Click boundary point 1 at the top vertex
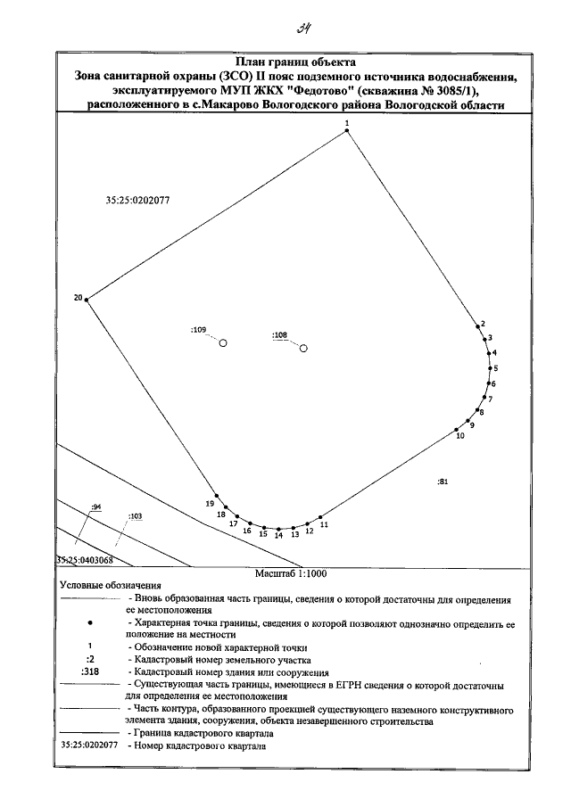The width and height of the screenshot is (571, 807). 347,131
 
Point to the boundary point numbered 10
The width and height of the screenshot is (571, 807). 451,430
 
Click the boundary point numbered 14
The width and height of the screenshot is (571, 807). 278,530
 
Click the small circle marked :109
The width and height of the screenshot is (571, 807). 224,342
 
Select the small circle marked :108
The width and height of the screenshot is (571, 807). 303,348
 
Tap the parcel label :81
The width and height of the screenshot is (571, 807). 443,482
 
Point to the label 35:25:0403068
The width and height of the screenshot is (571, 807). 84,560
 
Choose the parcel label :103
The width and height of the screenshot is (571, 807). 136,515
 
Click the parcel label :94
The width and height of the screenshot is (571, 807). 97,506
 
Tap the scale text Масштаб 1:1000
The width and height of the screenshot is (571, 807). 289,575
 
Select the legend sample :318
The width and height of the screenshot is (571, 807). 89,672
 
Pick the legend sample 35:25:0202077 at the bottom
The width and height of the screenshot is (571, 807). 89,744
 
